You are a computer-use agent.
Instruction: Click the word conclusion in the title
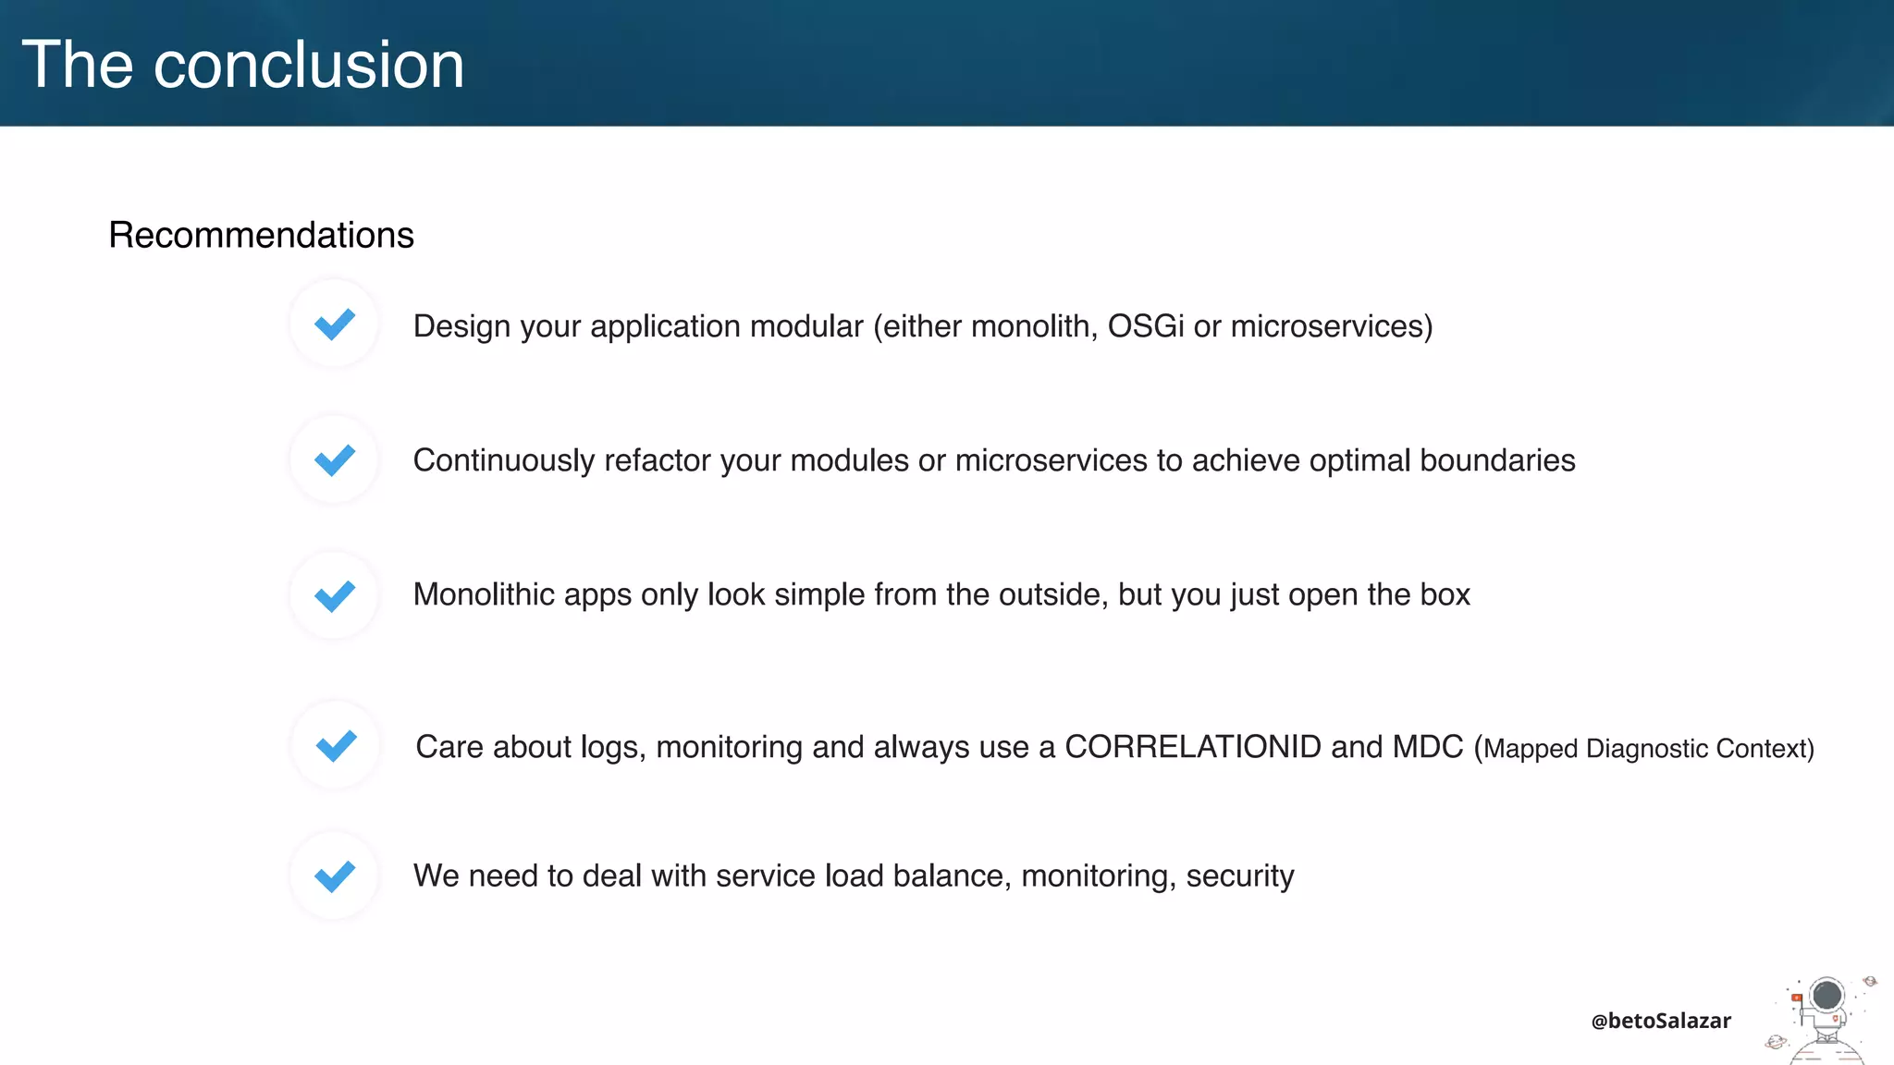pos(308,65)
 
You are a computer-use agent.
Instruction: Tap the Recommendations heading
pos(261,235)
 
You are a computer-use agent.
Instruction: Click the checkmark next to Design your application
pos(335,324)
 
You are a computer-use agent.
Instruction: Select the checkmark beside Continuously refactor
pos(335,459)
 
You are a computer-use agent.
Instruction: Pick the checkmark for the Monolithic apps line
pos(335,595)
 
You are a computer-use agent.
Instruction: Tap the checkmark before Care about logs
pos(337,745)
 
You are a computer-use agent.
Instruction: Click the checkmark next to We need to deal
pos(335,875)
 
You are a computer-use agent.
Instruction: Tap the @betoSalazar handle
pos(1661,1021)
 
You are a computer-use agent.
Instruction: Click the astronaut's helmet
pos(1826,996)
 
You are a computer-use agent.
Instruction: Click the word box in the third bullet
pos(1445,594)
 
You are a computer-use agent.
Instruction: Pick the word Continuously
pos(503,460)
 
